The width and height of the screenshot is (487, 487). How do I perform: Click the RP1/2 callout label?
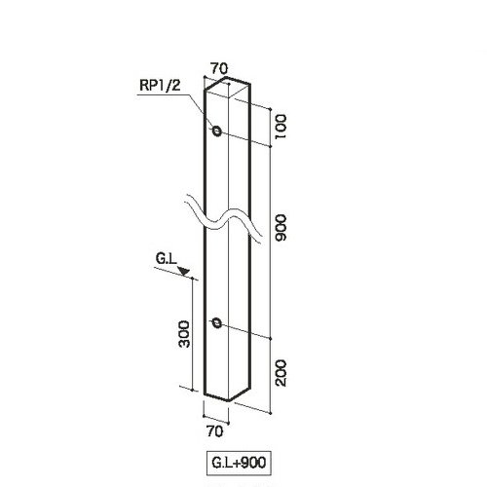[x=160, y=86]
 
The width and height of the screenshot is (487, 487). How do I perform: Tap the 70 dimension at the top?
[x=219, y=68]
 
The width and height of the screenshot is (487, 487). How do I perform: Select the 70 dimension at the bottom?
[x=215, y=431]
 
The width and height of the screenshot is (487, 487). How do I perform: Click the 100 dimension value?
[x=281, y=127]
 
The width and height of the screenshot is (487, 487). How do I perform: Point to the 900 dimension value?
[x=281, y=227]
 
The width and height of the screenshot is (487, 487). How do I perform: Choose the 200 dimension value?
[x=281, y=373]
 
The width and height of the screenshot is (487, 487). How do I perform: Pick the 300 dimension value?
[x=185, y=334]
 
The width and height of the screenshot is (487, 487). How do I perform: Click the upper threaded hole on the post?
[x=216, y=131]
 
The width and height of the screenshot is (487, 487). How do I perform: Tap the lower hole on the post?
[x=216, y=323]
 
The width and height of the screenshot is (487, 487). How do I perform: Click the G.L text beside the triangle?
[x=166, y=259]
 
